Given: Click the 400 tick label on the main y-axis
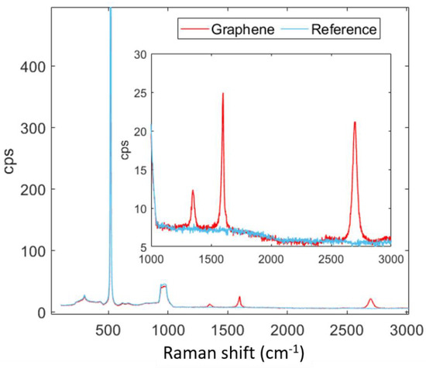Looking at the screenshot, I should pyautogui.click(x=33, y=67).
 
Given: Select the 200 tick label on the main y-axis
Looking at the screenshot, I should pyautogui.click(x=33, y=189).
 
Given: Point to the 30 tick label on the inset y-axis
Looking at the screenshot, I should pyautogui.click(x=139, y=54).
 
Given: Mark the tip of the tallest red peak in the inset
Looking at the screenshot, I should pyautogui.click(x=223, y=93).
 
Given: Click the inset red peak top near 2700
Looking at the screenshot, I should pyautogui.click(x=354, y=122).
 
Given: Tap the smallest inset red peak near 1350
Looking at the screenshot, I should pyautogui.click(x=193, y=191).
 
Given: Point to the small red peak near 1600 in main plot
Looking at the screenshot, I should pyautogui.click(x=239, y=298).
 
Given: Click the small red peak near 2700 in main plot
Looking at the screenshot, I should pyautogui.click(x=371, y=299).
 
